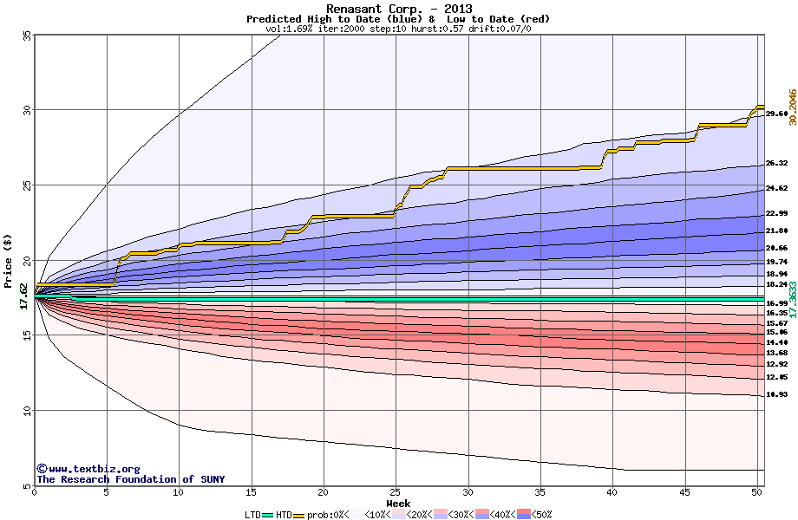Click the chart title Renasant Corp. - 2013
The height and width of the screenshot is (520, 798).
pyautogui.click(x=398, y=9)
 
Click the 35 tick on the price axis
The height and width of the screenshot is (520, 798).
pyautogui.click(x=26, y=36)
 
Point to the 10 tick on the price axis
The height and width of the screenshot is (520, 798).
pyautogui.click(x=26, y=411)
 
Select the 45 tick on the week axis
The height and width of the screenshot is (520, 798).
pyautogui.click(x=684, y=492)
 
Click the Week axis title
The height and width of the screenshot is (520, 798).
pyautogui.click(x=398, y=503)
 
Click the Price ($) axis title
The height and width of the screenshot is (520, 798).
pyautogui.click(x=9, y=261)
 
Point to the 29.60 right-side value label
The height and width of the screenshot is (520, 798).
pyautogui.click(x=776, y=114)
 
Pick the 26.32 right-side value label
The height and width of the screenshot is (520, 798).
pyautogui.click(x=776, y=163)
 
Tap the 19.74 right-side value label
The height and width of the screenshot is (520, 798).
pyautogui.click(x=776, y=262)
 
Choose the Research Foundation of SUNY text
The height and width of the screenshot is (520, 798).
pyautogui.click(x=130, y=479)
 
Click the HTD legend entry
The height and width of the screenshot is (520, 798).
pyautogui.click(x=284, y=514)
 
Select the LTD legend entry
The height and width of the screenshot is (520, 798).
pyautogui.click(x=253, y=514)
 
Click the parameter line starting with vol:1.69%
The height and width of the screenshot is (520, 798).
pyautogui.click(x=398, y=29)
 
